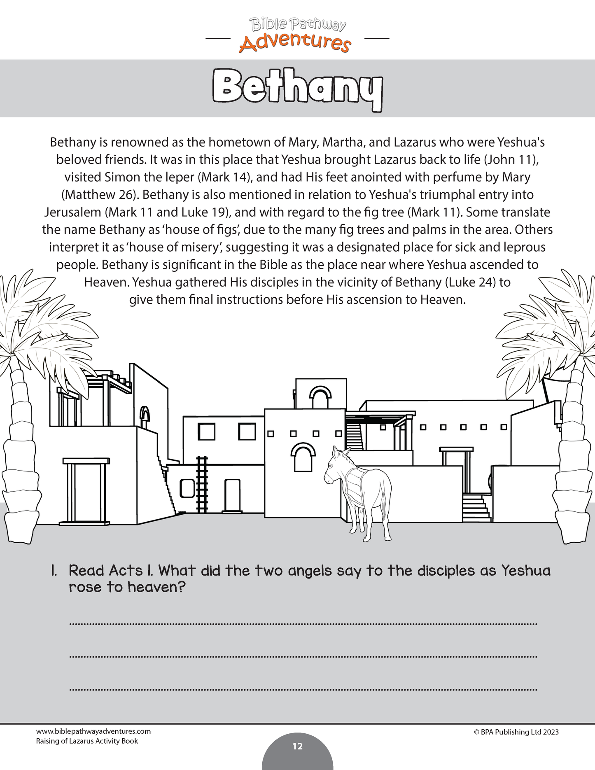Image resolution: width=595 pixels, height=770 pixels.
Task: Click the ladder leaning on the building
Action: click(x=202, y=485)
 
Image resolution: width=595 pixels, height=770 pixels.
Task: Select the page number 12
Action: click(x=297, y=746)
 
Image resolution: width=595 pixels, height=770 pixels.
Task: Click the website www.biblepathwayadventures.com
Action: click(x=93, y=731)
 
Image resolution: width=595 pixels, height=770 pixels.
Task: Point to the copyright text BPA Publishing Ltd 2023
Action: click(x=516, y=732)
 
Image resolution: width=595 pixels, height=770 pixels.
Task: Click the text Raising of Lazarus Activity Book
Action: click(x=87, y=741)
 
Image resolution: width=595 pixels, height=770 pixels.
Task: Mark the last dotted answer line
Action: click(x=303, y=689)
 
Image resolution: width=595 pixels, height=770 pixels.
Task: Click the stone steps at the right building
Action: click(x=476, y=508)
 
